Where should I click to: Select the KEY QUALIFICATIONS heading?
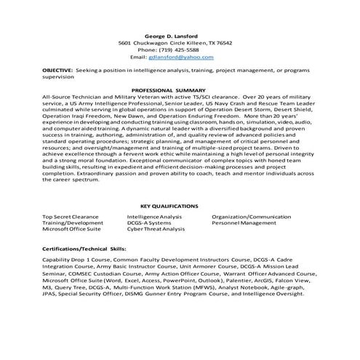(169, 207)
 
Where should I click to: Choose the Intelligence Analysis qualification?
(154, 217)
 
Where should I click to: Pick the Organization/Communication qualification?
(251, 217)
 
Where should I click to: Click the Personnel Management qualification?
(243, 223)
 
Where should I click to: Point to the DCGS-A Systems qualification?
(150, 223)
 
